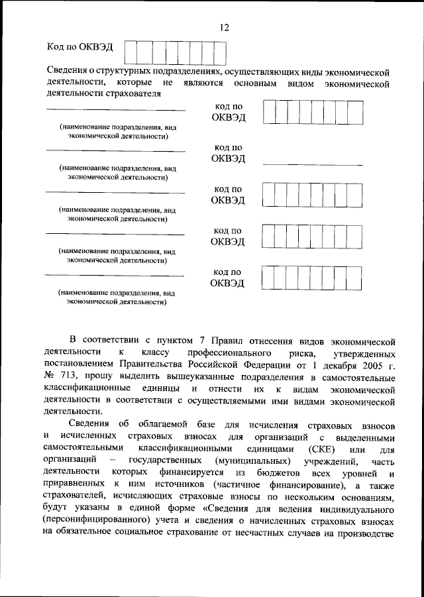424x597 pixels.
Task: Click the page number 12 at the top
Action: click(x=224, y=27)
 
